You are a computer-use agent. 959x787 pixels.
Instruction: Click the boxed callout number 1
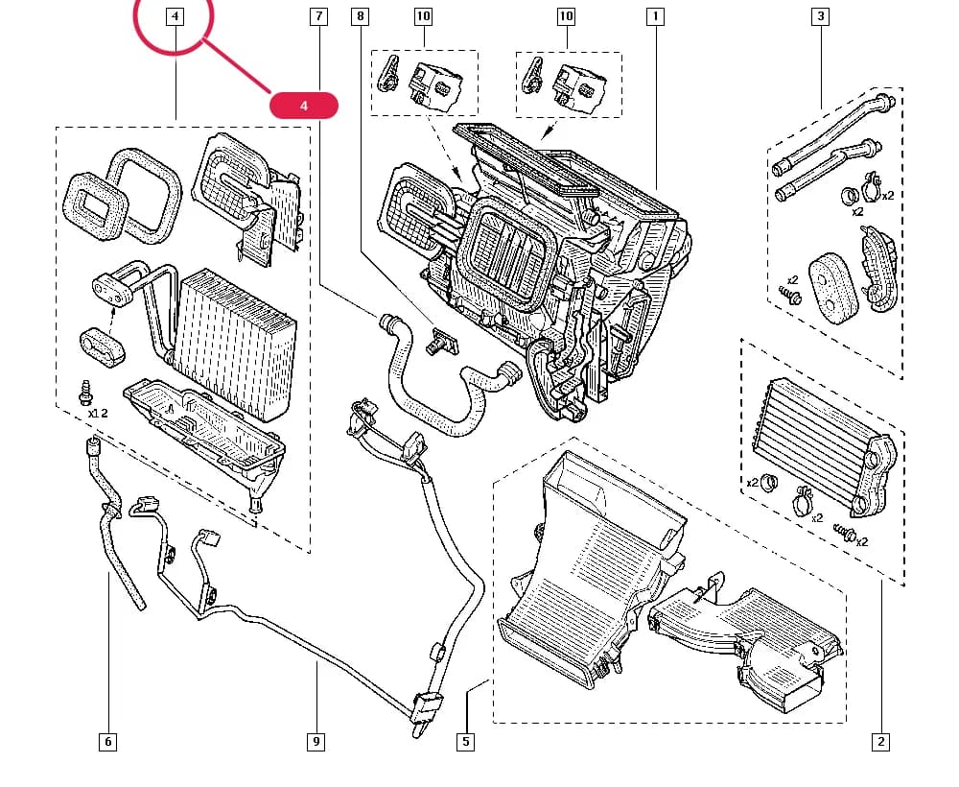(655, 16)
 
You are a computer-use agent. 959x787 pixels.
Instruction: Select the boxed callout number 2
(880, 742)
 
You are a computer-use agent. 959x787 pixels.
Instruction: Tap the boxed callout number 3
(820, 16)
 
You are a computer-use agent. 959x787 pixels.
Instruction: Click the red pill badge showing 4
(304, 106)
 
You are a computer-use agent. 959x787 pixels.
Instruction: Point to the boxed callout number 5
(465, 742)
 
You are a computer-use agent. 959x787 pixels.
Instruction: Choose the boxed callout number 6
(107, 742)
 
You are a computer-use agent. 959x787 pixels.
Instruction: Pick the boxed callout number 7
(318, 16)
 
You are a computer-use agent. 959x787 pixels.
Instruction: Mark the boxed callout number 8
(361, 16)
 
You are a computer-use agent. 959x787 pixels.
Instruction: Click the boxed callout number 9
(316, 742)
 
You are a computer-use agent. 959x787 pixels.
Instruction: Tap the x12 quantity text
(98, 413)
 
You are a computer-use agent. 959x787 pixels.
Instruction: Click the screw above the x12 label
(85, 393)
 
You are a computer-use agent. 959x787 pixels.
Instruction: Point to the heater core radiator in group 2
(824, 441)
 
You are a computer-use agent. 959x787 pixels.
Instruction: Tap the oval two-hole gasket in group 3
(833, 288)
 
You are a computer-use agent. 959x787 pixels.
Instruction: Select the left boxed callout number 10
(423, 16)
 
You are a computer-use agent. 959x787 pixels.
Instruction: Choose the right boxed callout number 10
(567, 16)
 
